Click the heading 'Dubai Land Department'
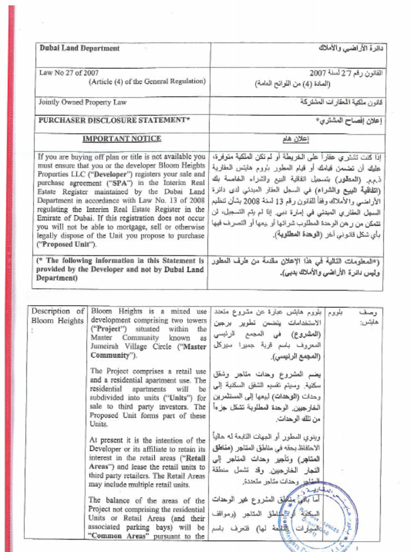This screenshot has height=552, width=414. pos(79,48)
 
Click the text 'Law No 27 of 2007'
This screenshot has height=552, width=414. pos(68,72)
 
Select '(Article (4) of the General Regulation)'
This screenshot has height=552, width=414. pos(147,81)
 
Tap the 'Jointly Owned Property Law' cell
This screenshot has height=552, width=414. pos(82,102)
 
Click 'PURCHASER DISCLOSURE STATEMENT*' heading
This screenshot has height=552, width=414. pos(114,120)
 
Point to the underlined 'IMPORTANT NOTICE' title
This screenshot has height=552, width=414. pos(122,139)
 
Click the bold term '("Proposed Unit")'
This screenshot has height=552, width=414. pos(67,244)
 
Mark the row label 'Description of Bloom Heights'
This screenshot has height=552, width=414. pos(57,316)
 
